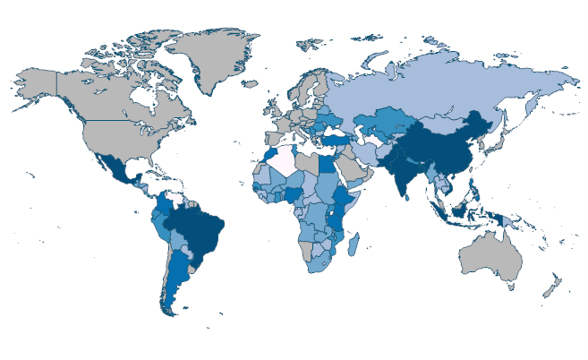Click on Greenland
[x=215, y=58]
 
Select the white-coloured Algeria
[x=285, y=160]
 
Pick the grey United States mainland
[x=116, y=139]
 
